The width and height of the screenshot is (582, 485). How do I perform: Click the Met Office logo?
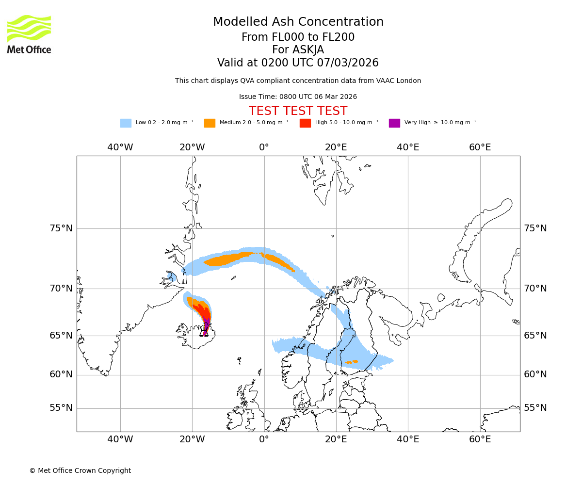click(29, 34)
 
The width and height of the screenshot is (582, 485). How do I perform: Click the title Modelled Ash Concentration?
click(298, 22)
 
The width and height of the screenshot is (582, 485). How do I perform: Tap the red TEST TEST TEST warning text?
click(298, 111)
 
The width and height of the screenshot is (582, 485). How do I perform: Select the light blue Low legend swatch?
click(126, 123)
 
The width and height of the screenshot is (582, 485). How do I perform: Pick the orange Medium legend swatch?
click(210, 123)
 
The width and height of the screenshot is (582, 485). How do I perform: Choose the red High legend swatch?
click(305, 123)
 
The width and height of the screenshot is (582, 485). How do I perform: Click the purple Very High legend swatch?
click(394, 123)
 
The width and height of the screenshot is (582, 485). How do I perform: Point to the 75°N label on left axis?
click(61, 228)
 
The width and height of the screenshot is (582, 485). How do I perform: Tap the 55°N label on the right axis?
click(535, 408)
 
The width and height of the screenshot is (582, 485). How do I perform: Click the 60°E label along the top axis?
click(480, 147)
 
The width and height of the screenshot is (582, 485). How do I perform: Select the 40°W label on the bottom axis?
click(120, 439)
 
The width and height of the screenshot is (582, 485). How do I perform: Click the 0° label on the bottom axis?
click(264, 439)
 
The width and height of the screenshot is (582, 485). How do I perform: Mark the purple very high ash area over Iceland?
click(206, 326)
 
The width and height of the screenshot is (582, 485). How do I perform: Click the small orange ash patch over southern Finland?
click(352, 361)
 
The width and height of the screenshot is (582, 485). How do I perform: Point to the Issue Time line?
click(298, 97)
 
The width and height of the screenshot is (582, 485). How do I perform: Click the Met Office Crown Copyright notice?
click(80, 470)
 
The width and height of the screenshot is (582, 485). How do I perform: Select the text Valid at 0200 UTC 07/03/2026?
click(298, 63)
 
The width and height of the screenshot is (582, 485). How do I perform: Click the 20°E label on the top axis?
click(336, 147)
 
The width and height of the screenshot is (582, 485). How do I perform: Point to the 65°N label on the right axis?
click(535, 336)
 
